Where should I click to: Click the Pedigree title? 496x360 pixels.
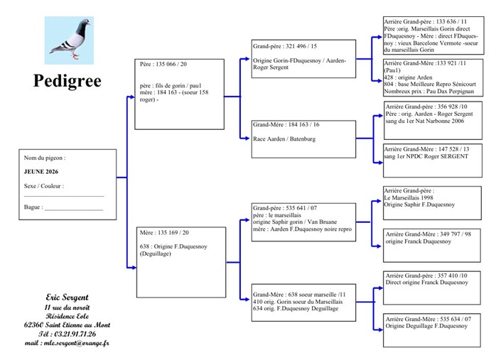point(67,81)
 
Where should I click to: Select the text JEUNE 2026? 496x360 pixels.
point(41,172)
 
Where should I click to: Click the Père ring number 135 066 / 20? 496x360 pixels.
point(163,65)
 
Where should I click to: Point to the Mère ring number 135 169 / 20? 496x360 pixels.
point(165,232)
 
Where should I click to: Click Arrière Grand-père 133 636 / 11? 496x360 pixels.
point(425,22)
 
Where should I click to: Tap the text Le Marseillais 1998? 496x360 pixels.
point(406,197)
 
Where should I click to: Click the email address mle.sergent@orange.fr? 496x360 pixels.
point(67,343)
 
